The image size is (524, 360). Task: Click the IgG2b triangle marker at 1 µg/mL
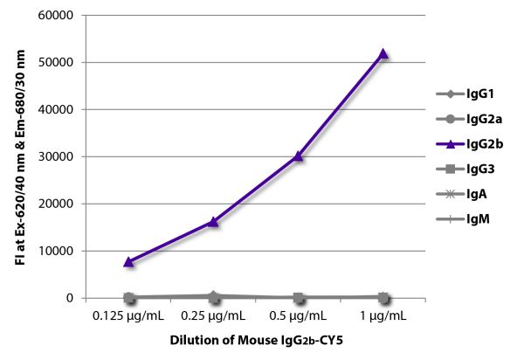383,54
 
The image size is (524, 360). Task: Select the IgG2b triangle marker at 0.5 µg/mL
298,156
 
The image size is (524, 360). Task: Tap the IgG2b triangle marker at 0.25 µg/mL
213,222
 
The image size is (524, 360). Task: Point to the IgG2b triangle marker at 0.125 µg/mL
128,261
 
